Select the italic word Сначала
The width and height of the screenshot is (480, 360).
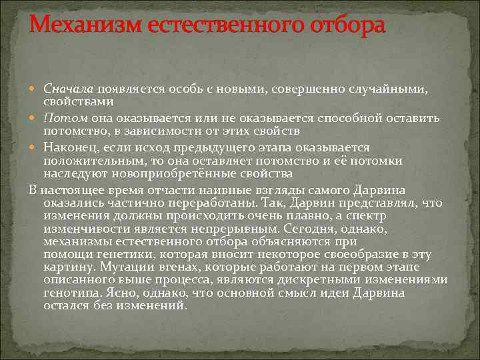coord(69,89)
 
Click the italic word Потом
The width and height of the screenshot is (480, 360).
coord(63,118)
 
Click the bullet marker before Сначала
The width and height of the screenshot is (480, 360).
coord(35,89)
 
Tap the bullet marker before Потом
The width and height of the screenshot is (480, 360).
coord(35,119)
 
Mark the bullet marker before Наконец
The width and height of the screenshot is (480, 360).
coord(35,147)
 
